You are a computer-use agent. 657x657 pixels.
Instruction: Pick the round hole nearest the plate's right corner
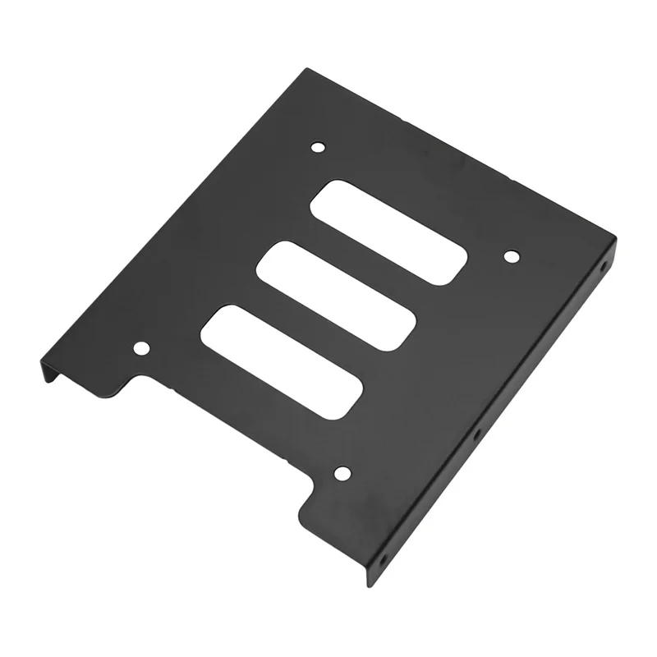point(510,256)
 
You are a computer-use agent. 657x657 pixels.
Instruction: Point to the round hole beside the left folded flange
point(141,348)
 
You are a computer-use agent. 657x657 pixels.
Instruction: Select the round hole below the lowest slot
point(342,474)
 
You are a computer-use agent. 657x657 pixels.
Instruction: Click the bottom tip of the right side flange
point(370,585)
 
